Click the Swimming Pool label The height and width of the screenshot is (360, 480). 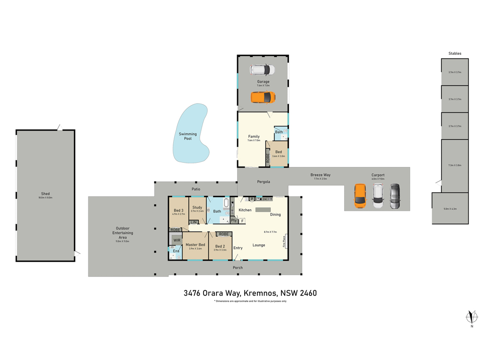click(x=188, y=136)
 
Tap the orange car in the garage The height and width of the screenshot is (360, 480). click(x=263, y=98)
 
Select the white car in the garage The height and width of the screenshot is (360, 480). click(x=262, y=70)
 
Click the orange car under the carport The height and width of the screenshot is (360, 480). click(x=360, y=196)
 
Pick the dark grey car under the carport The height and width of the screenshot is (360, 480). click(x=395, y=196)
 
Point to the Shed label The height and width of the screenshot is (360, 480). click(x=45, y=194)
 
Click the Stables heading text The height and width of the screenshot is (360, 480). click(x=455, y=53)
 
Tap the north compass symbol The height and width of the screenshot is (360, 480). click(x=472, y=317)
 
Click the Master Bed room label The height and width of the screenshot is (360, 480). click(x=195, y=245)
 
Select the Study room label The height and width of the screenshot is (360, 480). click(x=197, y=207)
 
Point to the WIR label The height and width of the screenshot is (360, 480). click(x=177, y=240)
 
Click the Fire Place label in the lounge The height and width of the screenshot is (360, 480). click(x=285, y=240)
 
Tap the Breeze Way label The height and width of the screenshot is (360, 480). click(x=320, y=175)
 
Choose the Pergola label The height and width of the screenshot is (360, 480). click(x=263, y=181)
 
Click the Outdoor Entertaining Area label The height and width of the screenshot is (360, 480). click(x=122, y=233)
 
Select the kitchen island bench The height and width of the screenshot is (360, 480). click(x=263, y=210)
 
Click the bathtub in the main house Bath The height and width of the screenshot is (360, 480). click(x=227, y=203)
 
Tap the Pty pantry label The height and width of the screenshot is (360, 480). click(x=233, y=221)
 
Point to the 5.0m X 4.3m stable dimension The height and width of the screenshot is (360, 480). click(x=450, y=209)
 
